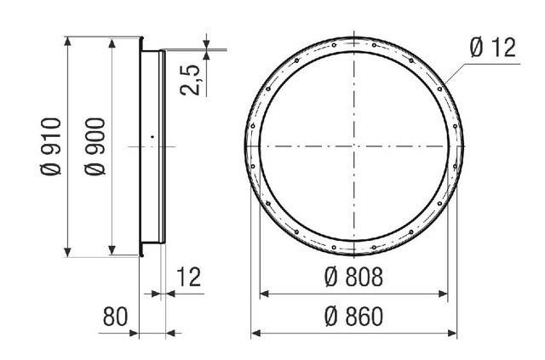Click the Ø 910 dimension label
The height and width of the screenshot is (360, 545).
point(51,146)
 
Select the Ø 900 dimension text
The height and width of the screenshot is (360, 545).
point(95,146)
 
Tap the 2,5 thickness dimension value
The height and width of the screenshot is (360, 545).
point(190,80)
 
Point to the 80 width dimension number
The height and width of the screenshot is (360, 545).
point(115,317)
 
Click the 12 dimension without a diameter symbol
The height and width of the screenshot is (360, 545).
point(189,277)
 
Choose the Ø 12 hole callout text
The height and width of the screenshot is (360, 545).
point(493,48)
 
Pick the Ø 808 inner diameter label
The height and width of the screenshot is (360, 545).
point(354,277)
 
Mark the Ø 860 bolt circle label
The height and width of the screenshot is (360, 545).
point(354,317)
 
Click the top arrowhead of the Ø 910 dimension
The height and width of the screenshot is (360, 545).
point(68,41)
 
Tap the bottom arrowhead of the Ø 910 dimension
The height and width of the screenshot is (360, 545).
point(68,253)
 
